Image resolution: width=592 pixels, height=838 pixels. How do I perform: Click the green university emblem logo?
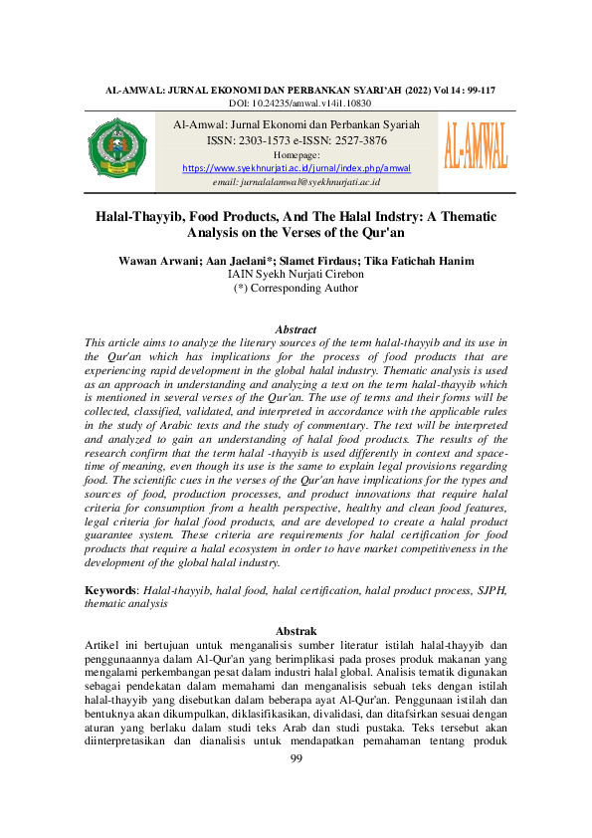(117, 151)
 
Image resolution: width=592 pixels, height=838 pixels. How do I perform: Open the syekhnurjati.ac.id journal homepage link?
(296, 169)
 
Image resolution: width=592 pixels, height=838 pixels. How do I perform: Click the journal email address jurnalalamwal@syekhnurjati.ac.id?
(296, 183)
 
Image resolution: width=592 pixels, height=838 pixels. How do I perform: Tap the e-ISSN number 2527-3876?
(361, 141)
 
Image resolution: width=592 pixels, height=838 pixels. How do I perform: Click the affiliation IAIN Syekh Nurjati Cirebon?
(296, 275)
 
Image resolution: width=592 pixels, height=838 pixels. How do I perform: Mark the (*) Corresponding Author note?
(296, 289)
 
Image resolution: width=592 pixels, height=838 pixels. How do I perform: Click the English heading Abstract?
(296, 329)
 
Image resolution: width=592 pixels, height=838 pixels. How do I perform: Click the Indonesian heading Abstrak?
(296, 631)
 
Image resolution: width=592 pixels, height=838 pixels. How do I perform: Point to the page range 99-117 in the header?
(476, 91)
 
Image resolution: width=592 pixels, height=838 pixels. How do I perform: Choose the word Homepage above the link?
(296, 156)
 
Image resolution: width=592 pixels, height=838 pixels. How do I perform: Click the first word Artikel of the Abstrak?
(103, 645)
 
